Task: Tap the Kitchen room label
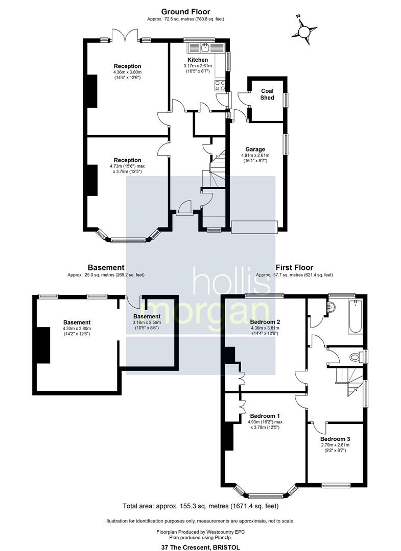coord(198,60)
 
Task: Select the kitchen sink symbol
coord(204,47)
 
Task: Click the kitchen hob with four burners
coord(220,85)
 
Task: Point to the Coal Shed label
coord(267,94)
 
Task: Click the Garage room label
coord(255,149)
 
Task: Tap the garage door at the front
coord(254,227)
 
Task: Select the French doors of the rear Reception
coord(125,35)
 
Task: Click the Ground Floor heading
coord(186,12)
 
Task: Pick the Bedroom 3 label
coord(335,439)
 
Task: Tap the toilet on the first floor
coord(357,357)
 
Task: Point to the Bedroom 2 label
coord(265,322)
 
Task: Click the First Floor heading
coord(294,268)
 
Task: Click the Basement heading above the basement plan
coord(106,268)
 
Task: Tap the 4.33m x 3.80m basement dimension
coord(77,329)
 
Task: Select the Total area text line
coord(200,507)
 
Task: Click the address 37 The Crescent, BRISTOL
coord(200,547)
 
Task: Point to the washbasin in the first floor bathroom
coord(332,307)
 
